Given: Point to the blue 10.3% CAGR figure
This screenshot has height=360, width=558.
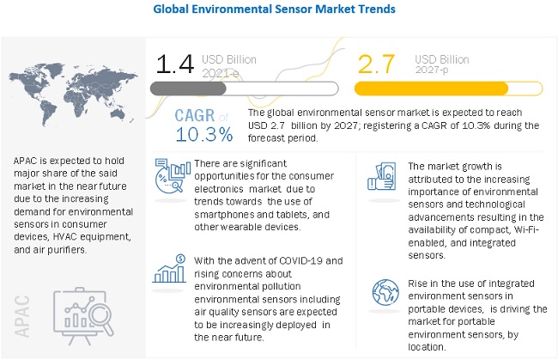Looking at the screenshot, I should click(x=203, y=134).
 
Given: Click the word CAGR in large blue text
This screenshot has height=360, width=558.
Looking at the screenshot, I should click(x=198, y=116).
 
